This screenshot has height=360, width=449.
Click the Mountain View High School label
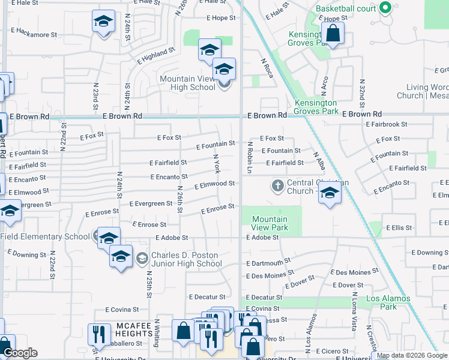click(187, 83)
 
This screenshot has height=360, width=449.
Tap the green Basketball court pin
click(386, 8)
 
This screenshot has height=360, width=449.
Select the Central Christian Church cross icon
click(277, 185)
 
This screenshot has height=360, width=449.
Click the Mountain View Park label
click(270, 223)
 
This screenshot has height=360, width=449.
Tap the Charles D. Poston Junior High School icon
click(142, 259)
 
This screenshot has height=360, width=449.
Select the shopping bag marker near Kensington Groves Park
click(332, 34)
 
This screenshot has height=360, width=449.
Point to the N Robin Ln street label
click(249, 157)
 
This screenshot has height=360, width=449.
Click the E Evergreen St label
click(151, 203)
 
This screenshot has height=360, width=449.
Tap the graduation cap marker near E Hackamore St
click(103, 22)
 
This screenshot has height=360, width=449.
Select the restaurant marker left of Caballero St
click(98, 334)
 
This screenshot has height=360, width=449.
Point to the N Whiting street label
click(157, 332)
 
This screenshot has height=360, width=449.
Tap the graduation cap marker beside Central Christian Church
click(330, 193)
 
